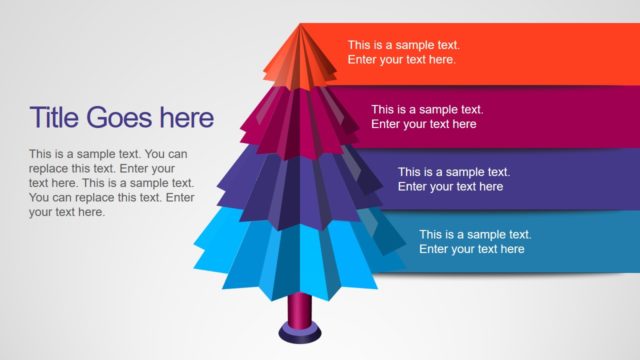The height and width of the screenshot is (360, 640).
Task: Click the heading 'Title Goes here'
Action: (122, 118)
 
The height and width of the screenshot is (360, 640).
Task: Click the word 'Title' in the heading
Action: (55, 118)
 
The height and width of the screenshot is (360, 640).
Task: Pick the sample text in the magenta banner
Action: (427, 116)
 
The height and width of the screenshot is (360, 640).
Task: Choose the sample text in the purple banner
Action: (453, 179)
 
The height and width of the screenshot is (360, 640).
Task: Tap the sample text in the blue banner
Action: (475, 241)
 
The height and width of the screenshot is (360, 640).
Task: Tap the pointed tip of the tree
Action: (302, 27)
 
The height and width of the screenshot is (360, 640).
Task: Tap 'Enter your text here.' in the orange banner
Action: (402, 60)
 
